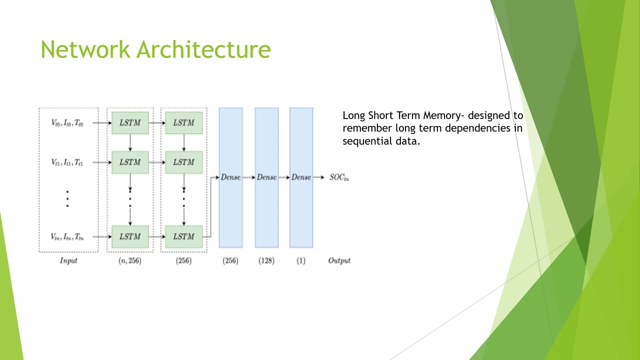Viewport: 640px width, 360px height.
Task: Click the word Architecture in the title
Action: (x=203, y=49)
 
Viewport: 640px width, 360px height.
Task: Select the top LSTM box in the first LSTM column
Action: (x=130, y=123)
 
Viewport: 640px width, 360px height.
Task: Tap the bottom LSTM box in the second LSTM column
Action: (x=183, y=236)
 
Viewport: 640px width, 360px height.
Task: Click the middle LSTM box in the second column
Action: (x=183, y=162)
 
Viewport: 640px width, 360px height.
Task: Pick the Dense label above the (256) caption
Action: (x=230, y=177)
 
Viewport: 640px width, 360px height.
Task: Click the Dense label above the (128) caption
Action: (x=266, y=177)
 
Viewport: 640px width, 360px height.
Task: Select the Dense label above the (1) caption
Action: (x=301, y=177)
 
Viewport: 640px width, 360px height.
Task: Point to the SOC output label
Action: (x=338, y=177)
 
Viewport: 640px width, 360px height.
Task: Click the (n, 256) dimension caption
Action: (x=129, y=260)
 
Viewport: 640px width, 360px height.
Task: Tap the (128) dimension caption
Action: (x=266, y=260)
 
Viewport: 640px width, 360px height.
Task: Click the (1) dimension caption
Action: (x=300, y=260)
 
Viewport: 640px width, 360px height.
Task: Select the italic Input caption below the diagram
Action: (x=68, y=260)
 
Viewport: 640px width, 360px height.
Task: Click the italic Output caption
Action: (x=339, y=260)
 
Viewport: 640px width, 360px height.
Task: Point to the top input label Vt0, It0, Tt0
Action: (x=67, y=123)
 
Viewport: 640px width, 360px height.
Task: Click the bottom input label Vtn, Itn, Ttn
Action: (x=67, y=237)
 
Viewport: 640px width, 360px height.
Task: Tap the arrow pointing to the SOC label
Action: (x=319, y=177)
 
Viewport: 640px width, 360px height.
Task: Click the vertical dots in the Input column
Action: (x=67, y=198)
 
